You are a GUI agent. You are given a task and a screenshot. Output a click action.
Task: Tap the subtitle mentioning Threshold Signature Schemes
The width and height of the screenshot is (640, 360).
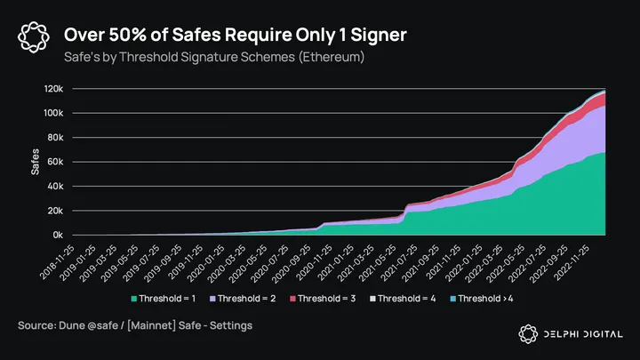pyautogui.click(x=214, y=58)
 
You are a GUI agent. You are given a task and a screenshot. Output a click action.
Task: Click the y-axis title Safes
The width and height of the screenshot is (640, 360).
pyautogui.click(x=36, y=162)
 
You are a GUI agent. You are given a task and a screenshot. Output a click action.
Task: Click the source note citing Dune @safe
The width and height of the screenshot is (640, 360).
pyautogui.click(x=135, y=326)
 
